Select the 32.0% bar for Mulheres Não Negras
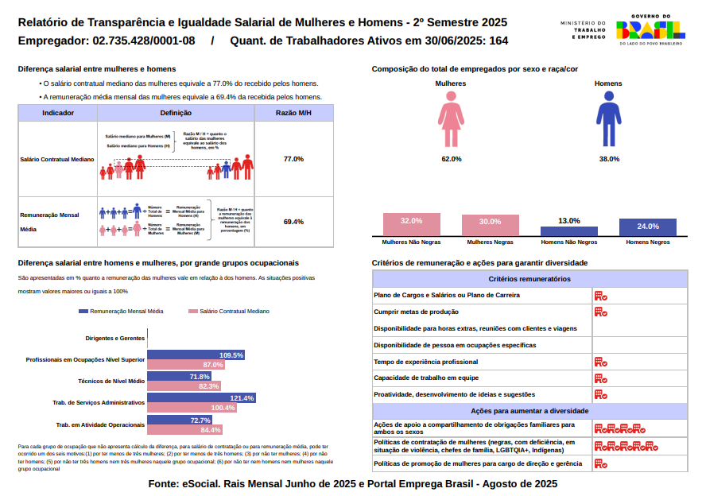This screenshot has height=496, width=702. click(x=411, y=223)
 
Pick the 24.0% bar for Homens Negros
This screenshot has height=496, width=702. click(x=647, y=227)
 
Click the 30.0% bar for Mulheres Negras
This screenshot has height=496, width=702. click(x=490, y=224)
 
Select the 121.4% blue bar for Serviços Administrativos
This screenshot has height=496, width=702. click(x=202, y=397)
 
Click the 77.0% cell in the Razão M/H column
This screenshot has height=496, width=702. click(x=293, y=159)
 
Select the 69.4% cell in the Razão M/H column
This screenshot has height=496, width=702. click(x=293, y=222)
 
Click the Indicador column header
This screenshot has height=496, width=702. click(x=58, y=113)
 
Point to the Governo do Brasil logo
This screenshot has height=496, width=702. click(x=650, y=30)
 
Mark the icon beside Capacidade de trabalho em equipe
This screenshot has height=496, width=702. click(x=600, y=378)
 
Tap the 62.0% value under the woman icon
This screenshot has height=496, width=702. click(x=452, y=159)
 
